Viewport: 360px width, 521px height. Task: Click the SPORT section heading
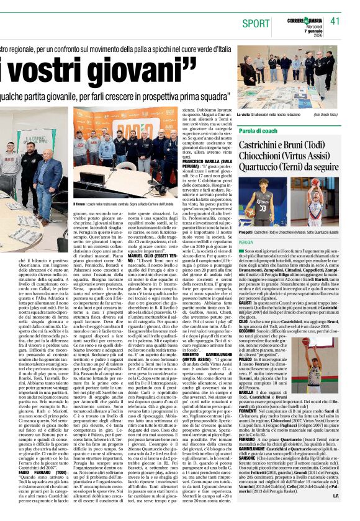pyautogui.click(x=256, y=23)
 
